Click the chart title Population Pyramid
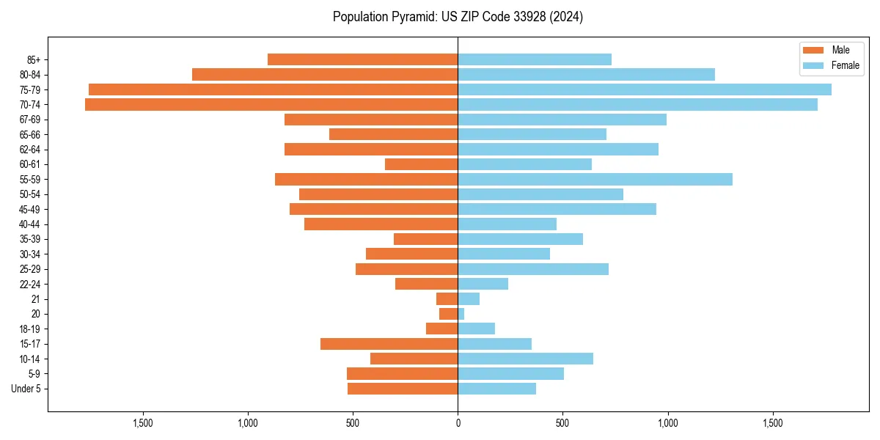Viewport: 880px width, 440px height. click(458, 17)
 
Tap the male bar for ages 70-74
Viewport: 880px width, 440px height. click(271, 105)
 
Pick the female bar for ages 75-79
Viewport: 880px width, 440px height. click(644, 89)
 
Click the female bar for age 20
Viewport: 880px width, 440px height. click(461, 314)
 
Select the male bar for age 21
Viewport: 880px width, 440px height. click(447, 299)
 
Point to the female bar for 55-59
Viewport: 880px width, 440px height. click(595, 180)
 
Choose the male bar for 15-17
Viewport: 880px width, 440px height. click(389, 344)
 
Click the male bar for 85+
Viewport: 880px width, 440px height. click(363, 59)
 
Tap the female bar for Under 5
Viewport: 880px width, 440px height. click(496, 389)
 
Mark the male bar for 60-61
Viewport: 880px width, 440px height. click(422, 164)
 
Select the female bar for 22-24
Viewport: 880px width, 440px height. click(483, 284)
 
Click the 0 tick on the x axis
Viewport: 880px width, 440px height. click(458, 423)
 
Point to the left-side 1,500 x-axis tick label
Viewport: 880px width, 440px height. click(142, 423)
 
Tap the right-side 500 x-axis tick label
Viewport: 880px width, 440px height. click(562, 423)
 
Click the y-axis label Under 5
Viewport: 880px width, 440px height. click(26, 389)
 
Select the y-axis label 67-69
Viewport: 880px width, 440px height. click(30, 120)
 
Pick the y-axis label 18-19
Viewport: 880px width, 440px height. click(30, 329)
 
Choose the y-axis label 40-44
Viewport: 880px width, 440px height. click(30, 224)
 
